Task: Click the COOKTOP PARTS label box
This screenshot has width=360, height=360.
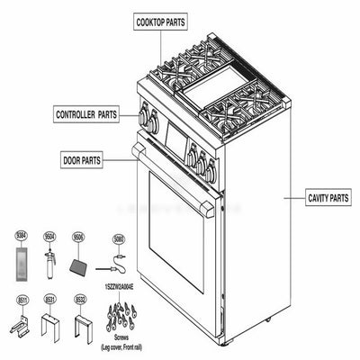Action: click(x=162, y=20)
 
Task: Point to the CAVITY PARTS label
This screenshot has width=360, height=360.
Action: click(x=328, y=196)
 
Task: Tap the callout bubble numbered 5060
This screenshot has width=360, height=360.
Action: click(x=118, y=239)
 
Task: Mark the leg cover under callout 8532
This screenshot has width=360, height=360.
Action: click(x=83, y=323)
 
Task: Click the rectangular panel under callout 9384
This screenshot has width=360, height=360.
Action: click(x=22, y=267)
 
